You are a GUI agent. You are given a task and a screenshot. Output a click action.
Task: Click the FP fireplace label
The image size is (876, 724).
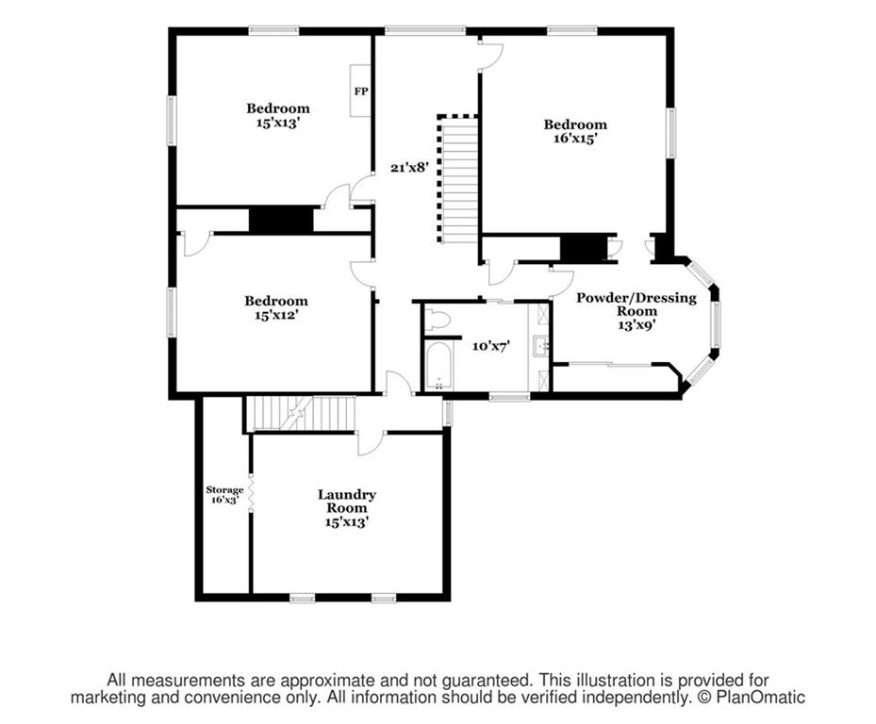pos(361,91)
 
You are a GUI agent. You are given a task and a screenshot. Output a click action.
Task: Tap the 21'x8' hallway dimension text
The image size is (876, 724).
pos(409,167)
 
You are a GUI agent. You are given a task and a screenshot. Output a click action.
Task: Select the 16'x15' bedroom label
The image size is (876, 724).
pos(575,131)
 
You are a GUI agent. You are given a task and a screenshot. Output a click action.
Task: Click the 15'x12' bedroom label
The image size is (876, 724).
pos(276,308)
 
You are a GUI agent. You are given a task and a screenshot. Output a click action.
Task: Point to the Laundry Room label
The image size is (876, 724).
pos(347,508)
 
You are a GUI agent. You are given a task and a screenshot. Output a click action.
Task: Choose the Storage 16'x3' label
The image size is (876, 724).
pos(224,495)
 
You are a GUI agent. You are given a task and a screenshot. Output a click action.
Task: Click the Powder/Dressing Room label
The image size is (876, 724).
pos(636,311)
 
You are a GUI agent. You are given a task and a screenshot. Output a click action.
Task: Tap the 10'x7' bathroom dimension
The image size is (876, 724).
pos(491,346)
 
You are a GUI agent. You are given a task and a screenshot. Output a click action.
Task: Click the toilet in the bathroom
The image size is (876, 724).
pos(437,321)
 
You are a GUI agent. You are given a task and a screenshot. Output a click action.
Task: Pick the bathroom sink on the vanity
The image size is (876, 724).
pos(540,346)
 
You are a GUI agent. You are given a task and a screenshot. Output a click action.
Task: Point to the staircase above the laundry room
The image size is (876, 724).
pos(301,414)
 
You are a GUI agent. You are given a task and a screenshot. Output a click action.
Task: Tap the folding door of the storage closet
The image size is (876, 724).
pos(251,492)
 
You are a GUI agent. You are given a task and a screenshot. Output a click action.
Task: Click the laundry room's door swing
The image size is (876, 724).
pos(371,443)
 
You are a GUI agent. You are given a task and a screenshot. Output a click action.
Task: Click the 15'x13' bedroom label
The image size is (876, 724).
pos(278,115)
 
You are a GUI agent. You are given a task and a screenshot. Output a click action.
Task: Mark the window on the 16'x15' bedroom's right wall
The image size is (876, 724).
pos(670,133)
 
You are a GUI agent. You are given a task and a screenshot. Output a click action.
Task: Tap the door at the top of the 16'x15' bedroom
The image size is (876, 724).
pos(490,54)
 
